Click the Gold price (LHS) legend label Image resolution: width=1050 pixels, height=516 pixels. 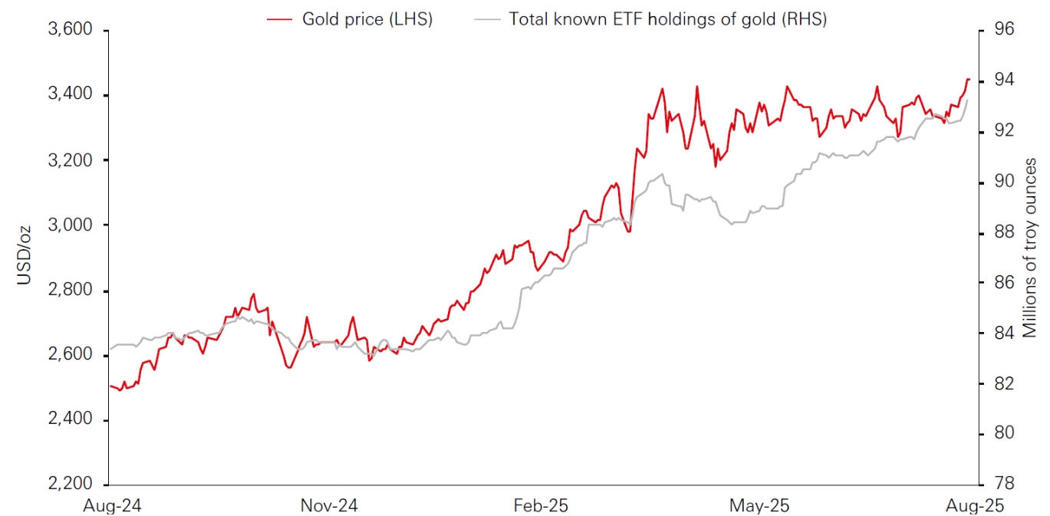point(367,19)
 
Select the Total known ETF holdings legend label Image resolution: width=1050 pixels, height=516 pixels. point(667,19)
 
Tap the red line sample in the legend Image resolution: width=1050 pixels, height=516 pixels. point(279,19)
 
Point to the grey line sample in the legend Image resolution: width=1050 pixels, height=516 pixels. point(486,19)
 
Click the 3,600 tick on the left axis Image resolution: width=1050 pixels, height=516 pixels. point(70,30)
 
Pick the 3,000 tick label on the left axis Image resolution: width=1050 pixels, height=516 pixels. point(70,225)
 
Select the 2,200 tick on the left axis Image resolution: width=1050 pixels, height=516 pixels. point(70,485)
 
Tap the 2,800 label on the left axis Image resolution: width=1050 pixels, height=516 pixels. point(70,291)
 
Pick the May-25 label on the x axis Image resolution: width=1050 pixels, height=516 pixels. point(759,506)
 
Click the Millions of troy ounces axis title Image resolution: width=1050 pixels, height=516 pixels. point(1031,248)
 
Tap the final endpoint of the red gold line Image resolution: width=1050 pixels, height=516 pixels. point(969,79)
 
